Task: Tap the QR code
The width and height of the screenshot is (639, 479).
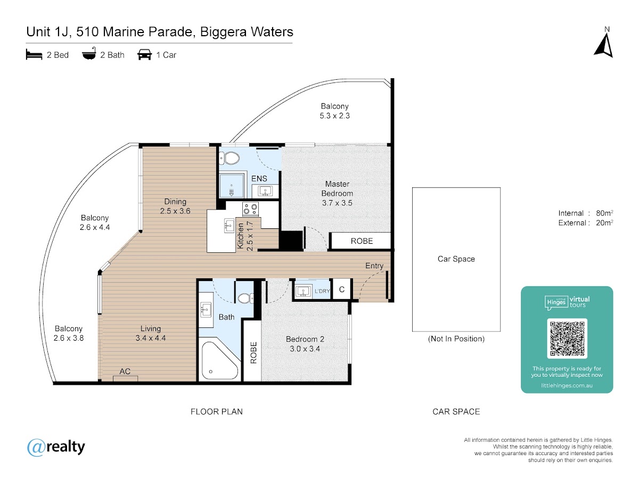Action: tap(567, 338)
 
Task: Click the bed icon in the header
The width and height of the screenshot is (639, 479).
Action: tap(34, 54)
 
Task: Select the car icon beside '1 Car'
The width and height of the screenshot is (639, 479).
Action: tap(144, 54)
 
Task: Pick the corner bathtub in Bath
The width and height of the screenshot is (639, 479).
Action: tap(220, 360)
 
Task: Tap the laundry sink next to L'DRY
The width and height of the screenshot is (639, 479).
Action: tap(304, 291)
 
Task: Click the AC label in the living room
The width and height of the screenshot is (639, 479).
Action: tap(125, 371)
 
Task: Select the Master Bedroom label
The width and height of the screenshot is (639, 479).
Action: tap(337, 188)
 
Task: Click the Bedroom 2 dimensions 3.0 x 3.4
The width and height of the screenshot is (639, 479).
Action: tap(305, 349)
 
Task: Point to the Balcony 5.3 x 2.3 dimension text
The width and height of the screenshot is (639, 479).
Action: tap(335, 115)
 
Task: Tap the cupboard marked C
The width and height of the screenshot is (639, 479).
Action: tap(342, 289)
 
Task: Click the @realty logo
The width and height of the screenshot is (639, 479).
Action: tap(56, 447)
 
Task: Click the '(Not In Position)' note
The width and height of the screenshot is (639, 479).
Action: tap(456, 339)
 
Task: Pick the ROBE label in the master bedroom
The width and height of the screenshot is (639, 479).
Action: tap(362, 241)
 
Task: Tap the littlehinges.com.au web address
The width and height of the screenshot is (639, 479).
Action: tap(567, 385)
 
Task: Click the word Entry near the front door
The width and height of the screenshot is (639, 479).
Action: tap(374, 266)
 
